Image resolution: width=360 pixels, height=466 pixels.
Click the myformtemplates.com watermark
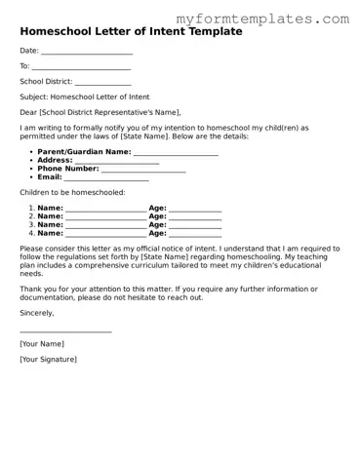click(x=263, y=19)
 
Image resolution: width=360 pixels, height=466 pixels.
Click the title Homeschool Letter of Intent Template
click(x=131, y=32)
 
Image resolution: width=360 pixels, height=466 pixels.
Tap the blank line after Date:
click(x=87, y=53)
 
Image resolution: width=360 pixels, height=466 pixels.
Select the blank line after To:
click(x=82, y=68)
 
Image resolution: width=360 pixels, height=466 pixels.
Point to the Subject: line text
click(x=85, y=97)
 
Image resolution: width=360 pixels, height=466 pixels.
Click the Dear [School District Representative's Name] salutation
click(x=100, y=112)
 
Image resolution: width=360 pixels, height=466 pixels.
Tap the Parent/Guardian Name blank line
click(x=176, y=154)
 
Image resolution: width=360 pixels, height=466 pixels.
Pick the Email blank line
click(x=106, y=179)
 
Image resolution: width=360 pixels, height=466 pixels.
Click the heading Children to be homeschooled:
click(x=72, y=193)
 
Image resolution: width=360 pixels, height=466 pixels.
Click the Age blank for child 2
click(x=195, y=217)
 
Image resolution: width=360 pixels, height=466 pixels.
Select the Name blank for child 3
click(x=105, y=226)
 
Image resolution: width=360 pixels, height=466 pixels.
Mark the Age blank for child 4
click(x=195, y=235)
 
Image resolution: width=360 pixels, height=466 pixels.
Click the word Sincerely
click(x=37, y=313)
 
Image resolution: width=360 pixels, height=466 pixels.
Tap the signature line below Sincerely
click(x=65, y=332)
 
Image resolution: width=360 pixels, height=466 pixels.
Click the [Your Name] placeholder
click(x=42, y=344)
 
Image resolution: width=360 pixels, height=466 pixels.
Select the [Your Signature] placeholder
click(x=48, y=360)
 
